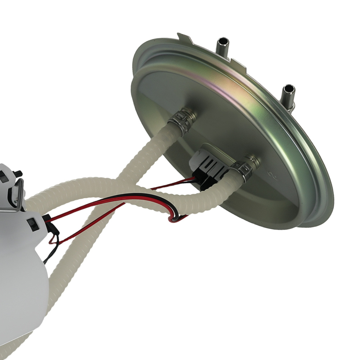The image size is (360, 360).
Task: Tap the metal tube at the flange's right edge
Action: point(288,95)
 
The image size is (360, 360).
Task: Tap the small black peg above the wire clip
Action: point(18,174)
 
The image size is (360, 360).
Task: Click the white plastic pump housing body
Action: point(22,281)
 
